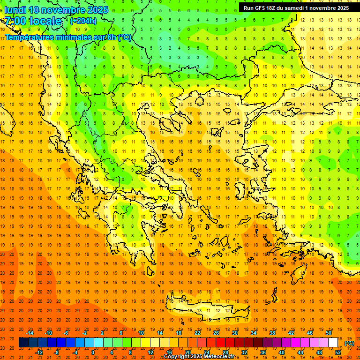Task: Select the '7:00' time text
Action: (15, 21)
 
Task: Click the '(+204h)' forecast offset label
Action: (83, 21)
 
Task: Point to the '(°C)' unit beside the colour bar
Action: (349, 343)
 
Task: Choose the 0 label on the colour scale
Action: (93, 352)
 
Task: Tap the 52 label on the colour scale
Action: (338, 352)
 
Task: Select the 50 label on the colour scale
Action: (329, 333)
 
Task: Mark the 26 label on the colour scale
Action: (216, 333)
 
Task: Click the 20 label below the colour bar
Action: (187, 352)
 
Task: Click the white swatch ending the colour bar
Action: (333, 343)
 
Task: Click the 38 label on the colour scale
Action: (272, 333)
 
